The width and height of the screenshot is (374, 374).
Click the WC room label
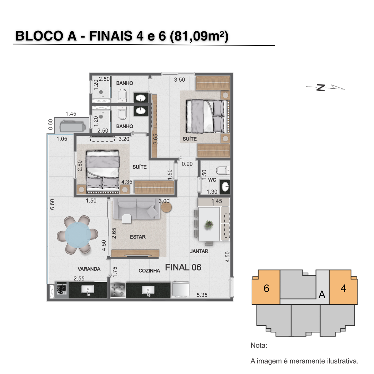tap(212, 180)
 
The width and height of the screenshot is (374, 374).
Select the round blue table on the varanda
tap(78, 235)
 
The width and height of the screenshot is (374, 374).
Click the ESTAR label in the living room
tap(137, 237)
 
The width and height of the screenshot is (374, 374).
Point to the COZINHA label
tap(149, 271)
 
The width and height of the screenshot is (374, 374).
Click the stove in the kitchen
tap(118, 290)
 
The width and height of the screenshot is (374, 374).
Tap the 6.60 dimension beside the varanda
tap(52, 204)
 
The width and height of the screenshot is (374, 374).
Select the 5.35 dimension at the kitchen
tap(202, 295)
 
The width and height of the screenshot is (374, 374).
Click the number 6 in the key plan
tap(266, 288)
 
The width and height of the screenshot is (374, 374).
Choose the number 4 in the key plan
tap(343, 288)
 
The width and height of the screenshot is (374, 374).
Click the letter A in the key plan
tap(322, 295)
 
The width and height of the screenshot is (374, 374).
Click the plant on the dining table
tap(209, 224)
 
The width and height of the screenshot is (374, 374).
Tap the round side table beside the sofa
tap(166, 207)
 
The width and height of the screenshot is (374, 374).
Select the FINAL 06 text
tap(183, 267)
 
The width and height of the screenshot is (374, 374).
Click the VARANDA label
tap(89, 269)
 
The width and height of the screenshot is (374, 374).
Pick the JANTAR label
tap(199, 251)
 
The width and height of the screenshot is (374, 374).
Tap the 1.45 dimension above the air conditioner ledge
tap(71, 114)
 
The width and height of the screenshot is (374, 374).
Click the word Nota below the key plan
tap(259, 345)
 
